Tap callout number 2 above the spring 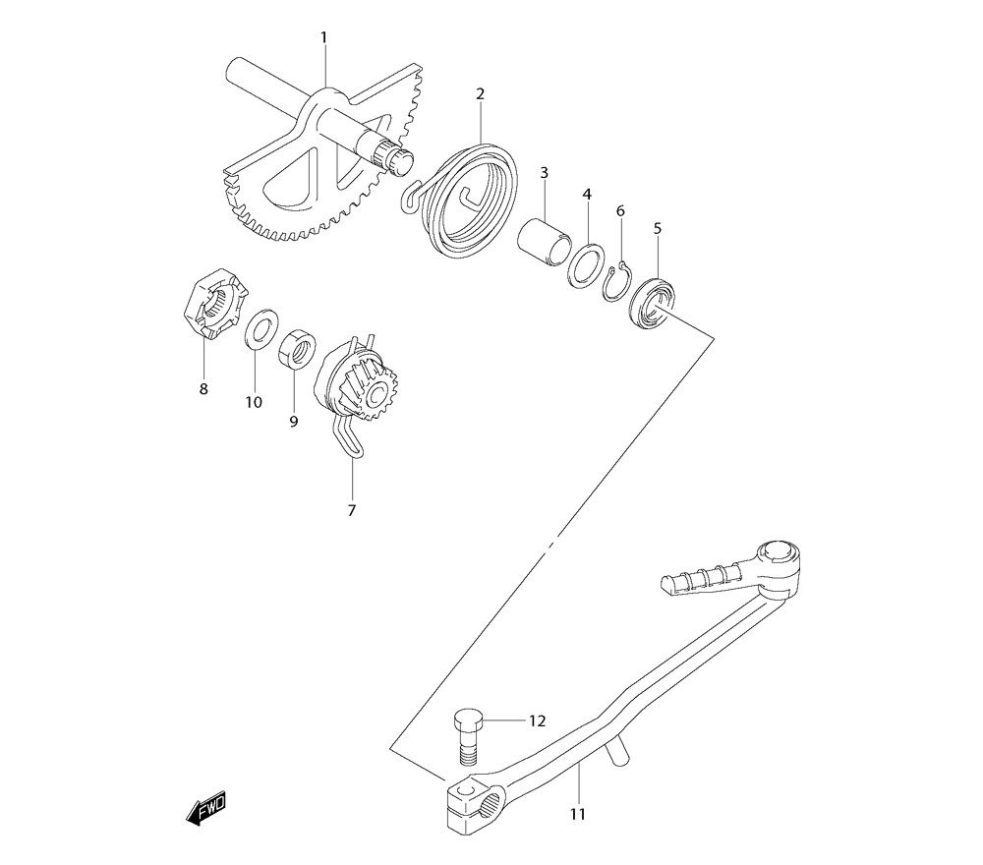pyautogui.click(x=480, y=94)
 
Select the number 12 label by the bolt pyautogui.click(x=536, y=721)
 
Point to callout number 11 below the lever pyautogui.click(x=577, y=814)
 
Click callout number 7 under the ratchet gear pyautogui.click(x=352, y=510)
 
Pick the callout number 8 pyautogui.click(x=203, y=388)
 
